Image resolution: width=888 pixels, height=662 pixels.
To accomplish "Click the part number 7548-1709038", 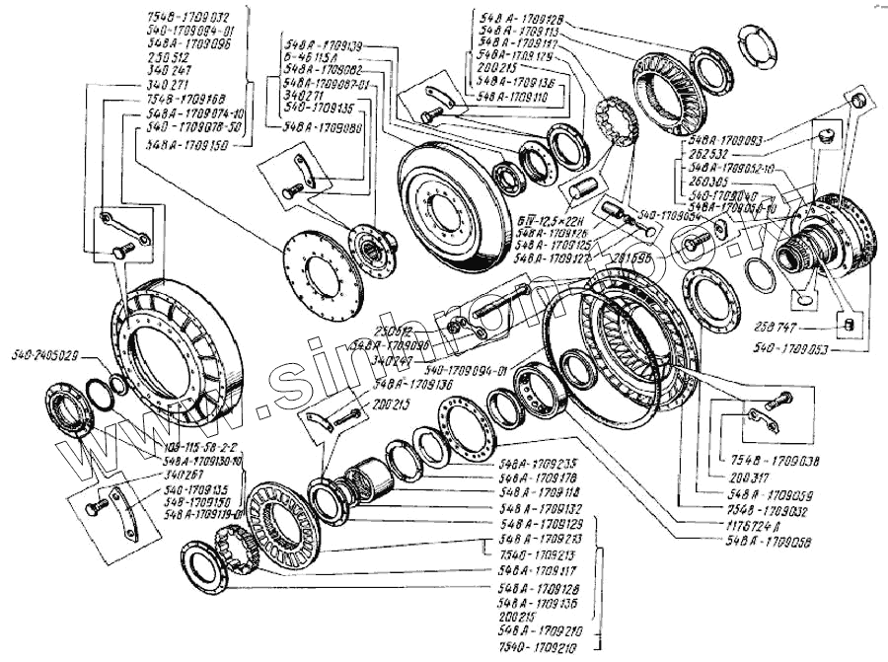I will pos(774,460).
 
